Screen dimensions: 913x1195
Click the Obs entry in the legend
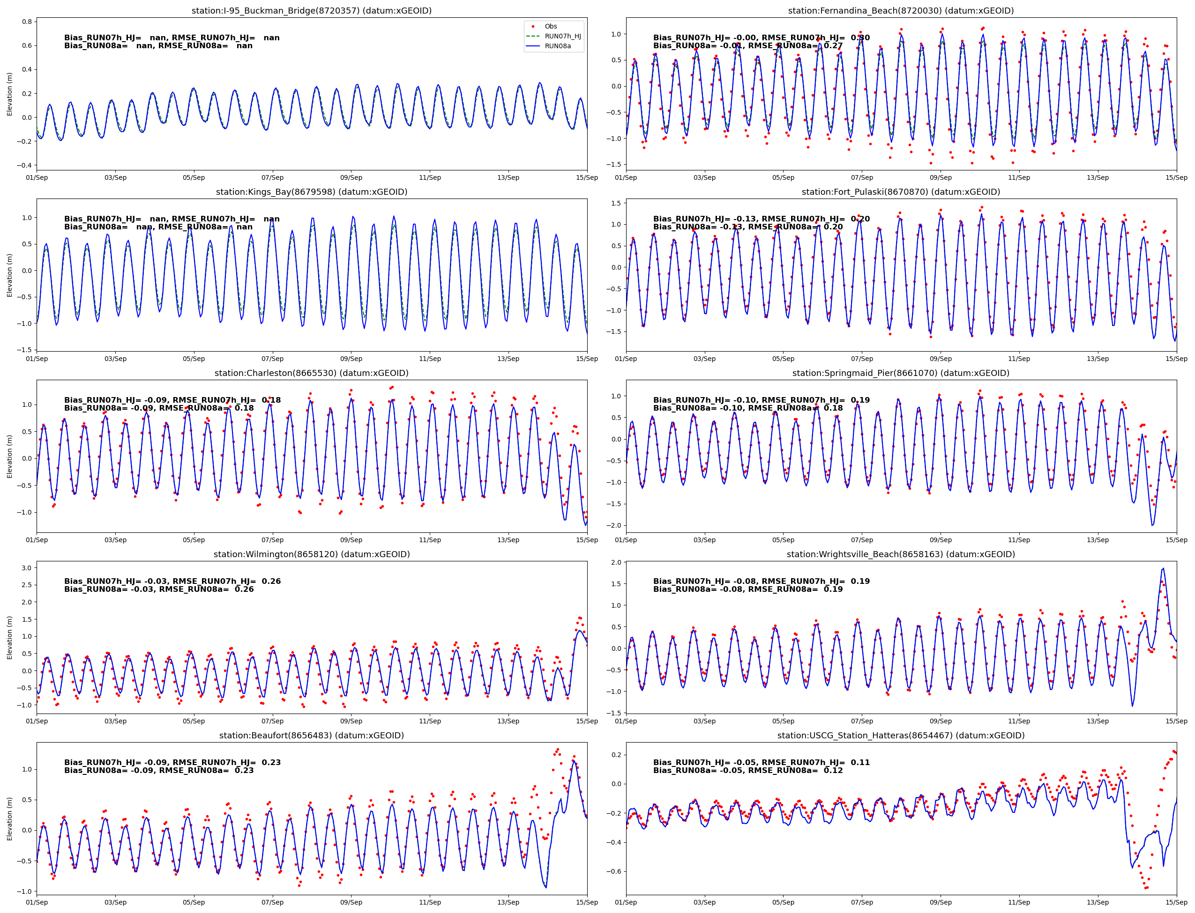tap(551, 27)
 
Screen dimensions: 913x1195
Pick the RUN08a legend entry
tap(558, 46)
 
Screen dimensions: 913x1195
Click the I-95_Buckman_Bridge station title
tap(311, 11)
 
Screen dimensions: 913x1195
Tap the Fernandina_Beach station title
tap(901, 11)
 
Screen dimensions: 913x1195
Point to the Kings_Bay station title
tap(311, 192)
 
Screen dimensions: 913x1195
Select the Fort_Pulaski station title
tap(901, 192)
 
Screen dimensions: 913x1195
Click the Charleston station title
tap(311, 373)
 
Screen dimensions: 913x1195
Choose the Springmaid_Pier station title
tap(901, 373)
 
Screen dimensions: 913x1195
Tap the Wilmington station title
tap(311, 554)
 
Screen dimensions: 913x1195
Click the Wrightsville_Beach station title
tap(901, 554)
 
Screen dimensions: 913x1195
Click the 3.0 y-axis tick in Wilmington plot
tap(27, 568)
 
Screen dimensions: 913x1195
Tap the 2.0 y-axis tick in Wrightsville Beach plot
tap(616, 562)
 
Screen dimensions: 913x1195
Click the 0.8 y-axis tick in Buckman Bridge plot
tap(27, 22)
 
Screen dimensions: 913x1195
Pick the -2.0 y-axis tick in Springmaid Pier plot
tap(613, 525)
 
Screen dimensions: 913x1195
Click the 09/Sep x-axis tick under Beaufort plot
tap(351, 903)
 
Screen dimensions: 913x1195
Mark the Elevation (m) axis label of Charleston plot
tap(9, 456)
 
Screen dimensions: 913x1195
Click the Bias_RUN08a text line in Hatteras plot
tap(748, 771)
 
